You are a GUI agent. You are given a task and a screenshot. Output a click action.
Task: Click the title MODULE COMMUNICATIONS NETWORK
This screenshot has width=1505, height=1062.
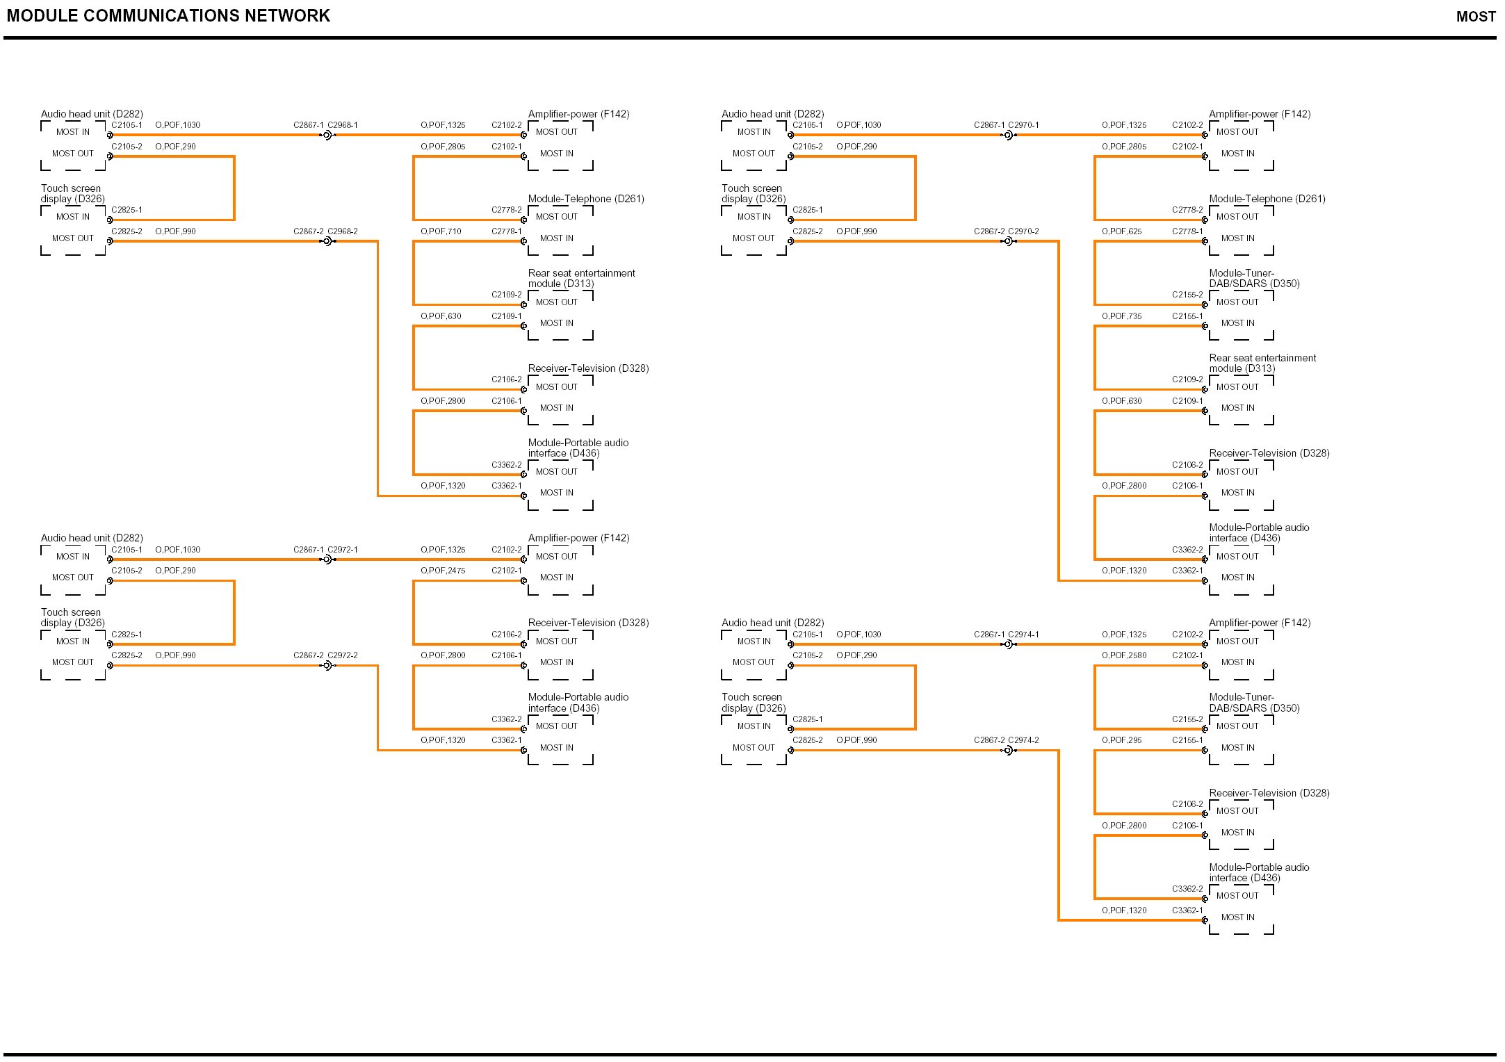168,16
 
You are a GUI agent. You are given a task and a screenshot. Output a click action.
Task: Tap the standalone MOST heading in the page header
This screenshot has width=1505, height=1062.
1476,17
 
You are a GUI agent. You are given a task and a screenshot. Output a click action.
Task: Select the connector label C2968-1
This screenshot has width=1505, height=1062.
343,125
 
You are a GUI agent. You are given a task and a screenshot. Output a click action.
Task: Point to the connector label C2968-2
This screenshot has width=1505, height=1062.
343,231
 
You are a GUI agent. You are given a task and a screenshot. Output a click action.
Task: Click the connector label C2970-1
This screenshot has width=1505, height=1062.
1023,125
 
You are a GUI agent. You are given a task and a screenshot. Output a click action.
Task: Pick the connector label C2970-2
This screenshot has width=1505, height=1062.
1023,231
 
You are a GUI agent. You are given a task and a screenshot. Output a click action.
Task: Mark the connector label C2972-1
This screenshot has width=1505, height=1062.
343,550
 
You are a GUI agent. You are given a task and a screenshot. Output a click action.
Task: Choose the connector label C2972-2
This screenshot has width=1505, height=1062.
343,655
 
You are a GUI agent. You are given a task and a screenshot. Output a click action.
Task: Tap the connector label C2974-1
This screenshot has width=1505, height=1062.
1023,635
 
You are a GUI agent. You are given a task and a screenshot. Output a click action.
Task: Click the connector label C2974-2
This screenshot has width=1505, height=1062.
1023,740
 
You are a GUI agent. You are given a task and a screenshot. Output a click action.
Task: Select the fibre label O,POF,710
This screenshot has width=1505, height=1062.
441,231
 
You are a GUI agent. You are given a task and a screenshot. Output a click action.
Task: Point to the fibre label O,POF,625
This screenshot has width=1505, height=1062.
1121,231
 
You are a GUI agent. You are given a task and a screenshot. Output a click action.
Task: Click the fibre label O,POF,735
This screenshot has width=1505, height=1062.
1121,316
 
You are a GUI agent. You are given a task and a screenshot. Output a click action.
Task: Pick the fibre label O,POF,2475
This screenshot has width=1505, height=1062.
443,571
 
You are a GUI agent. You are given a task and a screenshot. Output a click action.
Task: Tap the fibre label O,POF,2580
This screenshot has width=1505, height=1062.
1124,655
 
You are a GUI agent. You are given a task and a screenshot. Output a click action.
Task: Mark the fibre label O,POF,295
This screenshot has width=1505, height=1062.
1121,740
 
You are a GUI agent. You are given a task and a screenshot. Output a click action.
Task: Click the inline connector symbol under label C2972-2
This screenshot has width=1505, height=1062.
327,666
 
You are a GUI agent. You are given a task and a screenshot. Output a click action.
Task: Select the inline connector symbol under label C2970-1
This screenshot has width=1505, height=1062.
1008,136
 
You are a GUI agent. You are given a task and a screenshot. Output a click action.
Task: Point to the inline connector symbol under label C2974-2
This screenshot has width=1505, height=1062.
1008,751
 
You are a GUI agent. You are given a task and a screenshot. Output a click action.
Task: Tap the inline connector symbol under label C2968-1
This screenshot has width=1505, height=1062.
327,136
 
